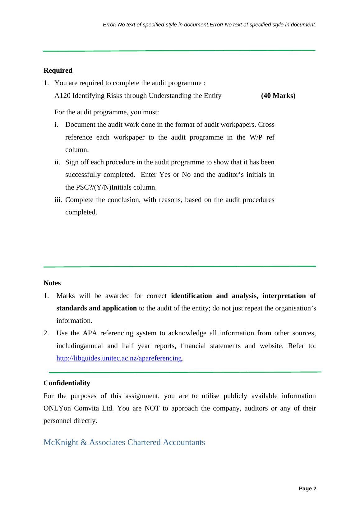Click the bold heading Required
[x=58, y=71]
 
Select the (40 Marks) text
[x=278, y=96]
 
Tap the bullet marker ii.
[x=57, y=162]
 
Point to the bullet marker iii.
[x=58, y=200]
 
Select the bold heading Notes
[x=52, y=283]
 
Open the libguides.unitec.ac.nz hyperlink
[x=119, y=358]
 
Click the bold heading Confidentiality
[x=67, y=383]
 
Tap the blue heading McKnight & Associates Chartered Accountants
[x=124, y=442]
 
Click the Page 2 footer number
[x=307, y=489]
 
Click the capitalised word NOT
[x=152, y=408]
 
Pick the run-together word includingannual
[x=79, y=346]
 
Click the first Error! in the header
[x=109, y=25]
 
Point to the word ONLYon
[x=57, y=408]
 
